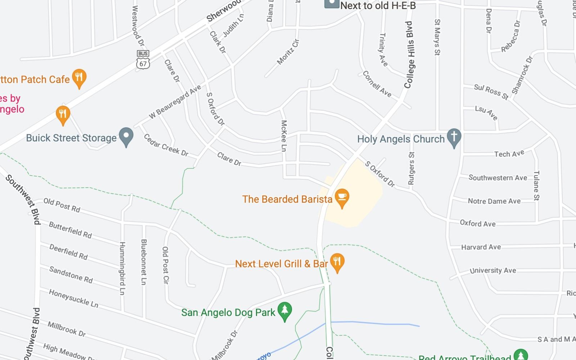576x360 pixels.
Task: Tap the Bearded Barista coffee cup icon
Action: [342, 197]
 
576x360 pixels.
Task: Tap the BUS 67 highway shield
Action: [143, 60]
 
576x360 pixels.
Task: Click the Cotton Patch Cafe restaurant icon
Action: [79, 77]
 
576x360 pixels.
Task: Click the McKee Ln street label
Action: [284, 136]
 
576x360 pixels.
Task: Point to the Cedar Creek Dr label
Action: [166, 145]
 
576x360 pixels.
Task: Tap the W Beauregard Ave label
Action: [175, 102]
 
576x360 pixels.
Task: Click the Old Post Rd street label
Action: [62, 205]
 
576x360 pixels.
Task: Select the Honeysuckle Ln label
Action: [73, 298]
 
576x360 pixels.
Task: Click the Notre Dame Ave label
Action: [494, 201]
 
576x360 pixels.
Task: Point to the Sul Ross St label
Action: [491, 91]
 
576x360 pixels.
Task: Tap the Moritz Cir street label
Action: [288, 52]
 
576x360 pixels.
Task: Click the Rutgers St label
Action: [411, 168]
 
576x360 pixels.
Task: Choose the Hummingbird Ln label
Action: [122, 268]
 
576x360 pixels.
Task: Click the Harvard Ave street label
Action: [481, 247]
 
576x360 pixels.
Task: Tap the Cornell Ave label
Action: [377, 84]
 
